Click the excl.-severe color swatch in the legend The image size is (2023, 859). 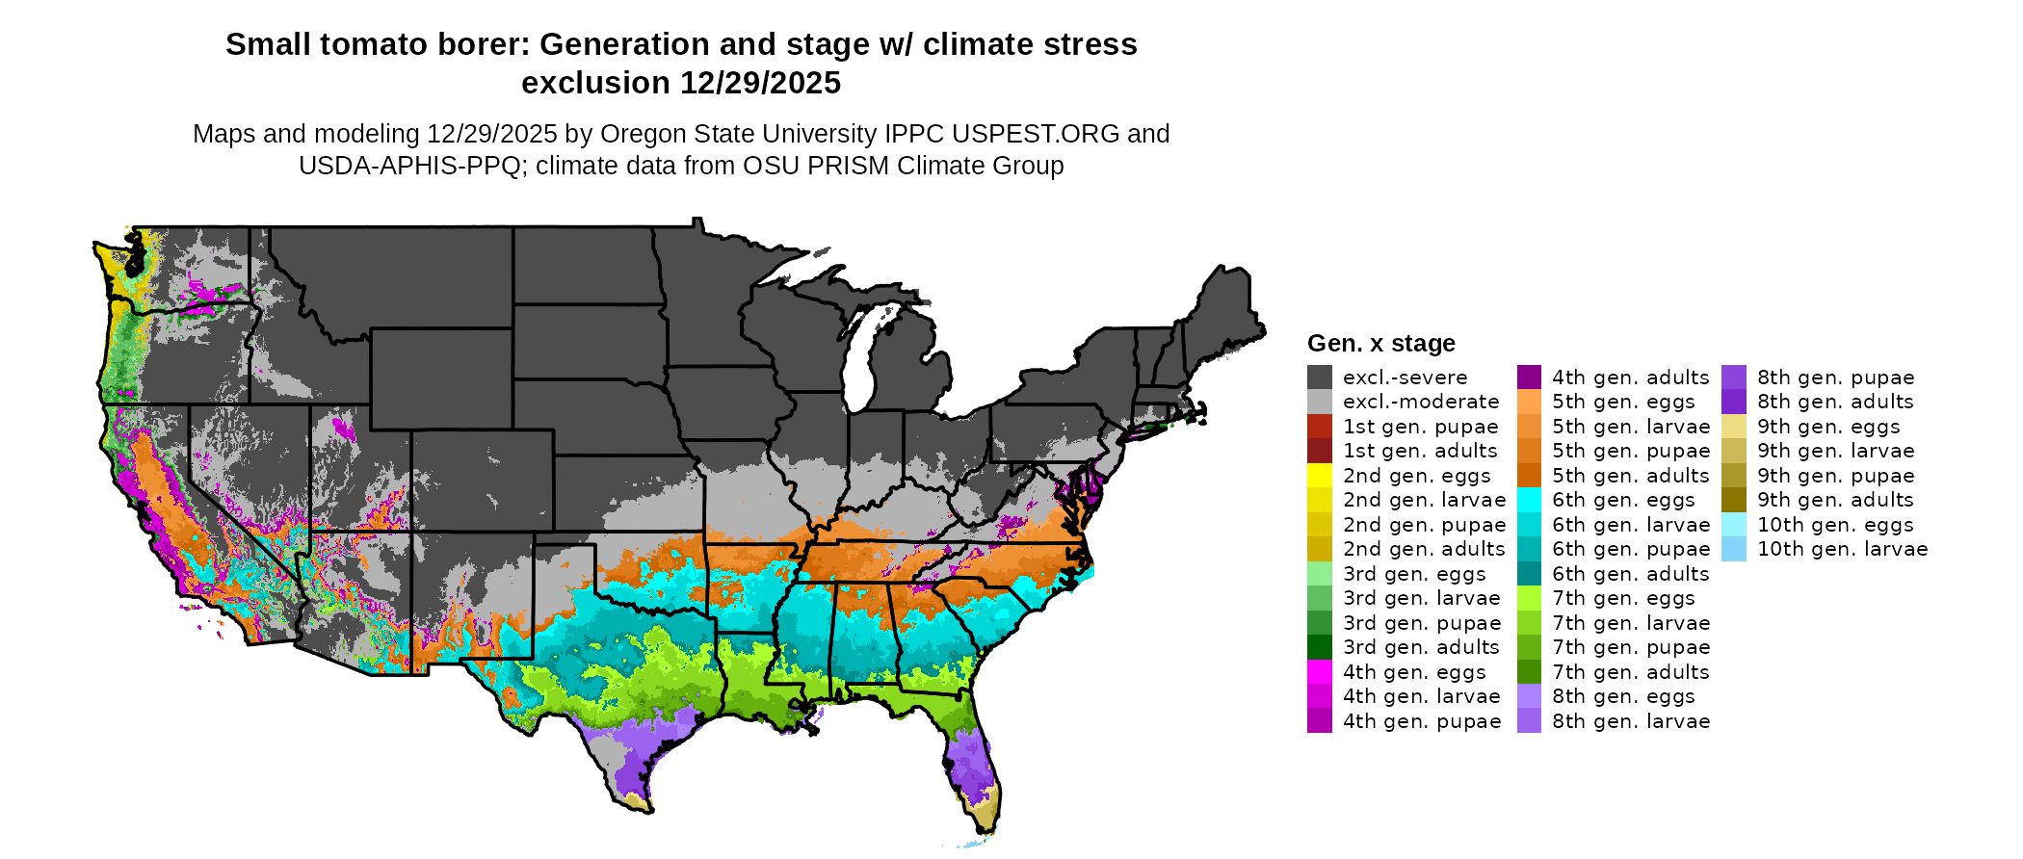click(x=1320, y=377)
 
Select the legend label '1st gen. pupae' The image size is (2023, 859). click(x=1420, y=427)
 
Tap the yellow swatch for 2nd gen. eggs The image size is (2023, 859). click(x=1320, y=476)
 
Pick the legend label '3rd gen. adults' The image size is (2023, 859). click(x=1421, y=647)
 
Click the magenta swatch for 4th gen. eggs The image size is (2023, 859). click(x=1320, y=672)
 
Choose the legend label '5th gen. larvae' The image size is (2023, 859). click(x=1630, y=427)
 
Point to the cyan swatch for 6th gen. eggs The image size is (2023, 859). click(x=1529, y=500)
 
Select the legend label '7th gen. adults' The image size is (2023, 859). click(x=1630, y=672)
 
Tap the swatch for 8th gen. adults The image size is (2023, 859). click(x=1734, y=402)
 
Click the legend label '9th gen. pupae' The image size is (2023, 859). click(x=1835, y=476)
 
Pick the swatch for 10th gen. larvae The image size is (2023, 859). click(x=1734, y=549)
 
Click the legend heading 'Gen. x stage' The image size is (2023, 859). click(x=1380, y=344)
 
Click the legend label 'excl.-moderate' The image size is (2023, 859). click(x=1421, y=402)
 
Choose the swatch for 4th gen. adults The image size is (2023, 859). click(x=1529, y=377)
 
